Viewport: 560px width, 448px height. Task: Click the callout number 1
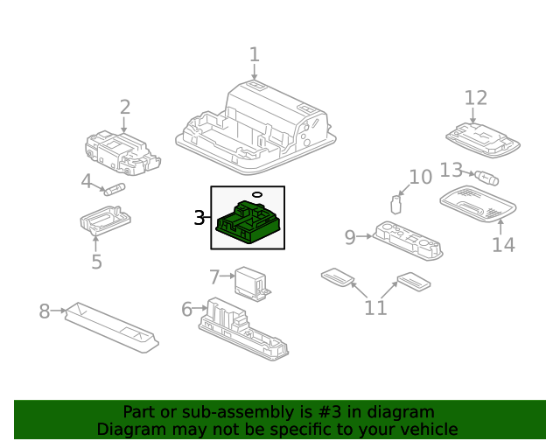click(x=254, y=55)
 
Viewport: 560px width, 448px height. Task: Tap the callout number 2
click(x=125, y=108)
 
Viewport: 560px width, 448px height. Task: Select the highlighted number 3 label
click(x=199, y=218)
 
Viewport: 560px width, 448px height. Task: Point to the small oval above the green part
click(x=256, y=194)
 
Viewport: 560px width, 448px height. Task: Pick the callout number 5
click(x=96, y=261)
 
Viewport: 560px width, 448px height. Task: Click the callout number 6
click(x=186, y=309)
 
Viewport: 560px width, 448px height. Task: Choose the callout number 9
click(x=350, y=236)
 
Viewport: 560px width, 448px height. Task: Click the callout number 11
click(x=375, y=308)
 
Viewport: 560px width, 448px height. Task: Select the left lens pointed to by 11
click(x=337, y=277)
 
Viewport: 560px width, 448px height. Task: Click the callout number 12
click(x=475, y=97)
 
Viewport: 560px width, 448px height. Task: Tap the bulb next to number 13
click(x=487, y=178)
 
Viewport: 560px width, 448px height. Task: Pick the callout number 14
click(x=503, y=244)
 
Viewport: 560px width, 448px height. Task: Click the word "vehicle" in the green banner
click(x=427, y=430)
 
